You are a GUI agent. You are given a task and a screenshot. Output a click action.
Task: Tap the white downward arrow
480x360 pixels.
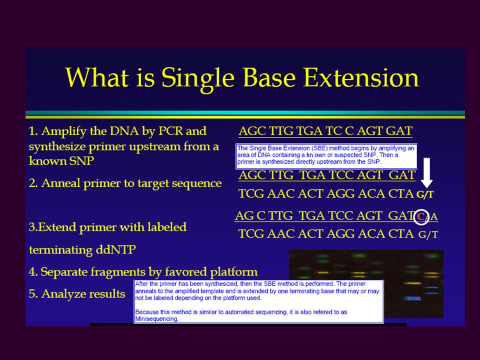(x=426, y=172)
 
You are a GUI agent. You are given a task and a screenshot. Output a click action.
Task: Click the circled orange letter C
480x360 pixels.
(x=421, y=216)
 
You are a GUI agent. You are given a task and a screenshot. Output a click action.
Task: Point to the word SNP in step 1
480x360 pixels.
(x=81, y=160)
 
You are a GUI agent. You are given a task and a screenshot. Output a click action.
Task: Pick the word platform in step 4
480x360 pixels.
(x=234, y=272)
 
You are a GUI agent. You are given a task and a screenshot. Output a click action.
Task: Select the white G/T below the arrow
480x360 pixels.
(x=425, y=194)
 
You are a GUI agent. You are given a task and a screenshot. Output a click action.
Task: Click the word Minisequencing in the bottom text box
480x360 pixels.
(x=156, y=319)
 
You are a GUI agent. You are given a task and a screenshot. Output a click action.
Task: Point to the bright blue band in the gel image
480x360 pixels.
(x=412, y=298)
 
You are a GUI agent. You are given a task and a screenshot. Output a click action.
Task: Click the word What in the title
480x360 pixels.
(x=96, y=77)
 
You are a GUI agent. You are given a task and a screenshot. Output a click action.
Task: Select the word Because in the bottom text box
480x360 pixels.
(x=145, y=312)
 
